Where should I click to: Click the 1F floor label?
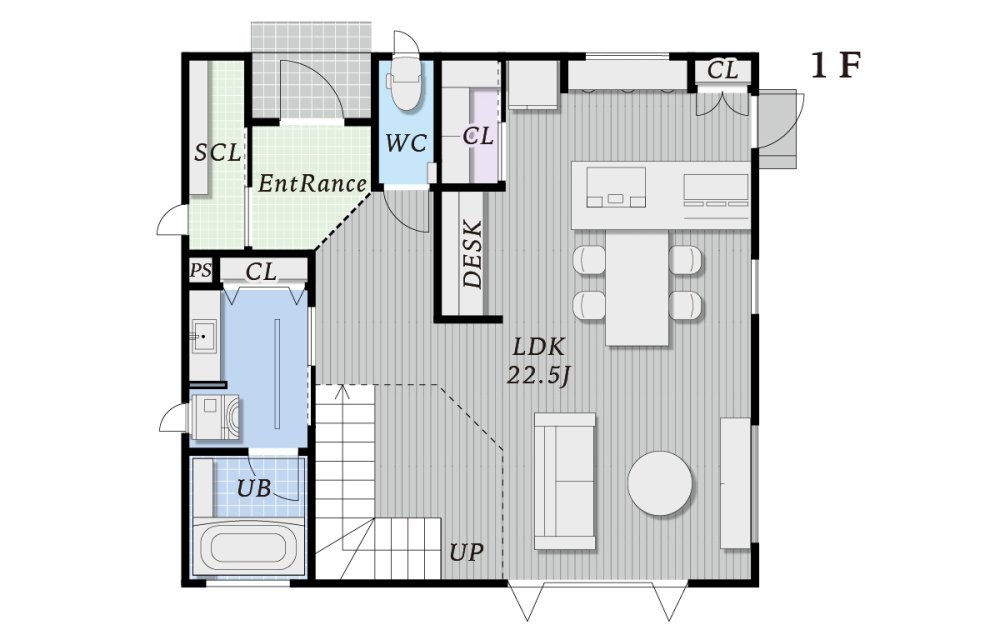pyautogui.click(x=836, y=66)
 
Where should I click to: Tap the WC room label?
pyautogui.click(x=406, y=143)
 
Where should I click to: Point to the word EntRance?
pyautogui.click(x=312, y=184)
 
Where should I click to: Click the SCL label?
pyautogui.click(x=218, y=152)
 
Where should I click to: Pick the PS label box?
pyautogui.click(x=200, y=270)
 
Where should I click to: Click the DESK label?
pyautogui.click(x=473, y=254)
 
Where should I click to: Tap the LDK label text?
pyautogui.click(x=539, y=347)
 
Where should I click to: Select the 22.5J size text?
pyautogui.click(x=538, y=375)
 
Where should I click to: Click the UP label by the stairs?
pyautogui.click(x=466, y=551)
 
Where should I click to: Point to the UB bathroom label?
pyautogui.click(x=254, y=488)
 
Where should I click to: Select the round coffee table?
pyautogui.click(x=659, y=483)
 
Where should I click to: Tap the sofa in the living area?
pyautogui.click(x=564, y=481)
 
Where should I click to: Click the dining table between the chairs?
pyautogui.click(x=637, y=287)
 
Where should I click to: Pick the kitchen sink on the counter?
pyautogui.click(x=615, y=187)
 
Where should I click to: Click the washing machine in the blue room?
pyautogui.click(x=216, y=417)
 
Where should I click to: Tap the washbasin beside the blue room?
pyautogui.click(x=204, y=334)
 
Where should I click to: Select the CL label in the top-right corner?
pyautogui.click(x=722, y=69)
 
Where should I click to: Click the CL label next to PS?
pyautogui.click(x=261, y=272)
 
